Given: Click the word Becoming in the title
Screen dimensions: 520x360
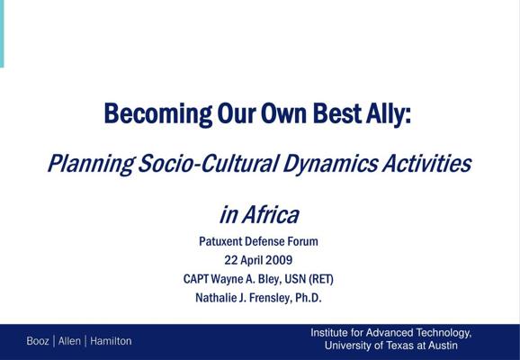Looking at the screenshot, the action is (157, 114).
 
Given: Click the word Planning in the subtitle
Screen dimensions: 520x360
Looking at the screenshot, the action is (91, 164).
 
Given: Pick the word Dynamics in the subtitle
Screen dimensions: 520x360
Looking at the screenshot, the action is (330, 164).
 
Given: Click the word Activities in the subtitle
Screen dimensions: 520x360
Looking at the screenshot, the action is (426, 163).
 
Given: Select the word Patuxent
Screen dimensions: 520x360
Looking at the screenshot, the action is (220, 241).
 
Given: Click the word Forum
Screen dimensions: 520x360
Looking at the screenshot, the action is (303, 241).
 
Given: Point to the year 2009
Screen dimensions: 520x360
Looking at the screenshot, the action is (279, 260).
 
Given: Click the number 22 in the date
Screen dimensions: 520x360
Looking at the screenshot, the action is (231, 260).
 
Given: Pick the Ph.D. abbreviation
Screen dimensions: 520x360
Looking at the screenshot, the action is (309, 298).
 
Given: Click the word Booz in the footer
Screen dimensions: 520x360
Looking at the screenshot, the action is (38, 341).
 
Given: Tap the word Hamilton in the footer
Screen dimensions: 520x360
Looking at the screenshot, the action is (111, 341).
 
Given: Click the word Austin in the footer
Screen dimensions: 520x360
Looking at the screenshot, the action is (443, 346).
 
